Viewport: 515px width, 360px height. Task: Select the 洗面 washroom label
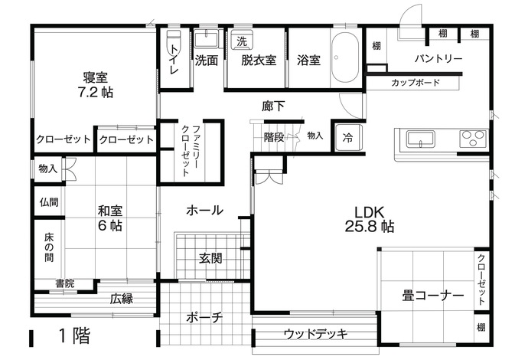206,60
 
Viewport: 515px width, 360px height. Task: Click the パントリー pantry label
438,58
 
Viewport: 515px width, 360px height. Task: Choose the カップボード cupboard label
415,82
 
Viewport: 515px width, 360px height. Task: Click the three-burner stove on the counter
472,139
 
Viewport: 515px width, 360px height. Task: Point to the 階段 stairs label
274,137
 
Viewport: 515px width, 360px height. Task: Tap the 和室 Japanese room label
110,210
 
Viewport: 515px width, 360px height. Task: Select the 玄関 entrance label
212,259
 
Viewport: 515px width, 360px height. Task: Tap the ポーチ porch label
204,317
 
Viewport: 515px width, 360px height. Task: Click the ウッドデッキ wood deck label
315,334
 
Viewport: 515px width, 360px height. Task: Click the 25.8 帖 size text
370,227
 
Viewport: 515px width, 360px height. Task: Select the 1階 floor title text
73,335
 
